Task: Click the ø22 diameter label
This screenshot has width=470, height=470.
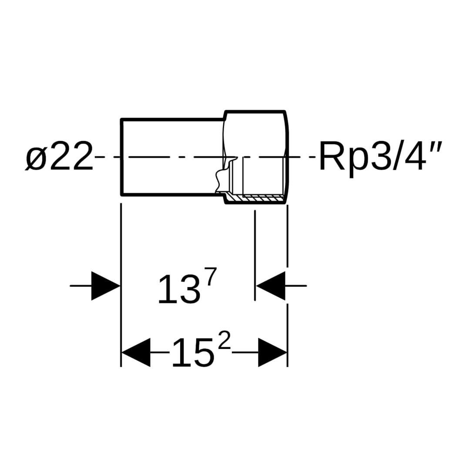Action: point(59,156)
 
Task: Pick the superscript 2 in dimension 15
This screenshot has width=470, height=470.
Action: point(224,346)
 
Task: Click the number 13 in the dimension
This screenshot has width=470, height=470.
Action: point(179,289)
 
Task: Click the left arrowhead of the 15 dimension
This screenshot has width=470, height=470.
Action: point(135,352)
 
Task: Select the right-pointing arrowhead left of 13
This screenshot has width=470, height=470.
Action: point(106,286)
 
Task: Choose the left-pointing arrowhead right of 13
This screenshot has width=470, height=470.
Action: point(270,286)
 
